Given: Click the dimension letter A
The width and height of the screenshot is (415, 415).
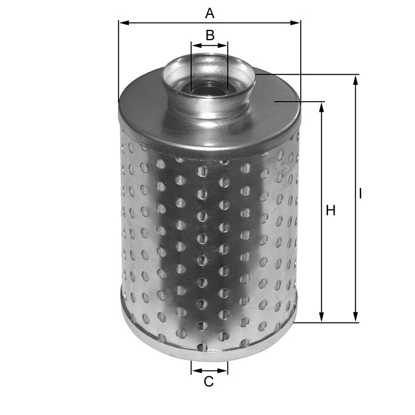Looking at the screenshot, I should [209, 12].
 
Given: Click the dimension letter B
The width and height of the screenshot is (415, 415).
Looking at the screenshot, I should [209, 34].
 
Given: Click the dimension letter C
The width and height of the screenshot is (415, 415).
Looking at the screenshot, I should [209, 382].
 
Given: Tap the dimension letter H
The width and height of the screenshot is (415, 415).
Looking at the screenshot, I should [331, 211].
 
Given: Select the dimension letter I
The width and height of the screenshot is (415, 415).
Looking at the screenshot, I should [360, 194].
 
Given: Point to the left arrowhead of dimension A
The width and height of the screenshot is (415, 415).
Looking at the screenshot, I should [122, 23].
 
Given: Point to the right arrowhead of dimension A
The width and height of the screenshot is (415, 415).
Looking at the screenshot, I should [297, 23].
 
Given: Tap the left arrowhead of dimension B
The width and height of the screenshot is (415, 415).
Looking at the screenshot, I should [195, 45].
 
